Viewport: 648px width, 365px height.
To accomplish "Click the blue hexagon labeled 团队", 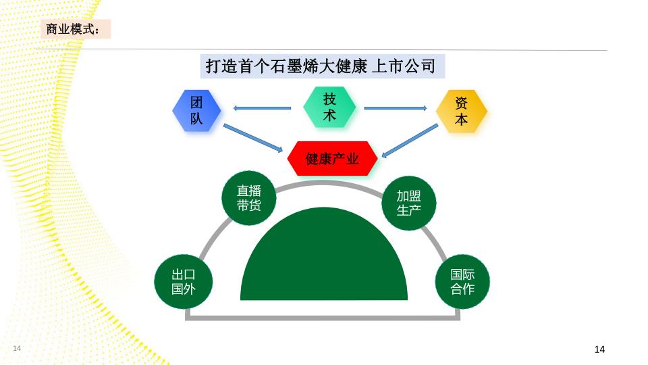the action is (196, 110).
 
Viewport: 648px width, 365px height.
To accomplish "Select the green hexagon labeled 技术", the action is (329, 107).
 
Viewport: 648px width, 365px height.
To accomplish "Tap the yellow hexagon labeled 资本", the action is (461, 111).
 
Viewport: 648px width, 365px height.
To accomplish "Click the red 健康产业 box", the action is (332, 158).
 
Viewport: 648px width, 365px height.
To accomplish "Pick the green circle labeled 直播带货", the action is (249, 198).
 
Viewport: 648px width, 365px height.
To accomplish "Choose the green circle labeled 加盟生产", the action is (409, 203).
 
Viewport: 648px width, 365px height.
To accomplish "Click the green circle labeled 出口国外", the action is (184, 281).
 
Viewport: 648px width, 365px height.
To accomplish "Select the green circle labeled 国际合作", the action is (462, 281).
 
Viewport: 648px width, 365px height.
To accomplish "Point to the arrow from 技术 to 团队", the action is (262, 108).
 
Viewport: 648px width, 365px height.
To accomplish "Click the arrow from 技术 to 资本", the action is (396, 108).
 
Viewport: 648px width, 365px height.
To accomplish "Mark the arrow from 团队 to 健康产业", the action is (253, 138).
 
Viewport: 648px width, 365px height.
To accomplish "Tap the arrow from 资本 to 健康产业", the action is (410, 141).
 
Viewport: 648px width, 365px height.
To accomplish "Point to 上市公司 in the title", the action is (404, 66).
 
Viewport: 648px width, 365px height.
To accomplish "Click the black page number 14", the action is (599, 349).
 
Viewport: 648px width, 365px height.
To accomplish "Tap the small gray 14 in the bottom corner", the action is (17, 348).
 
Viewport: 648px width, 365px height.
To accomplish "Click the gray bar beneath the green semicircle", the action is (323, 318).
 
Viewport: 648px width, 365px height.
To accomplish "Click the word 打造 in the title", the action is (221, 66).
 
